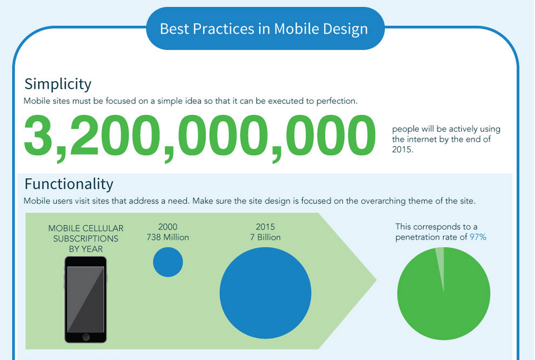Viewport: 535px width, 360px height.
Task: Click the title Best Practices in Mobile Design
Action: coord(263,29)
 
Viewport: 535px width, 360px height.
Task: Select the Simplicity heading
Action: coord(58,85)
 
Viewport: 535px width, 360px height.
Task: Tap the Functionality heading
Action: coord(69,184)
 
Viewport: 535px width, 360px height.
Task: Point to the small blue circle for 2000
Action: coord(168,262)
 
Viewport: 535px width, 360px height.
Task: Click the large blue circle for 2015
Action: coord(265,293)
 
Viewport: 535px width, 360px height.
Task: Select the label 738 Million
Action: coord(168,237)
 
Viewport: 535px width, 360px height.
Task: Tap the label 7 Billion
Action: coord(265,237)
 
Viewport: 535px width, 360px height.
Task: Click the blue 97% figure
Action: coord(478,237)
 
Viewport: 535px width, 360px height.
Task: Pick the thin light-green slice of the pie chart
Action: coord(441,263)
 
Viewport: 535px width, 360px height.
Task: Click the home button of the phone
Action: coord(86,338)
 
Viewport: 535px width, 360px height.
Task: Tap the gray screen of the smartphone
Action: coord(85,299)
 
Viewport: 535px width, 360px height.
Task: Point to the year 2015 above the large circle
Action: coord(265,227)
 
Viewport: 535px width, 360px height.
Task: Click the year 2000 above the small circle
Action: coord(168,227)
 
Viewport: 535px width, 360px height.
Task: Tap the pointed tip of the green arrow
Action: coord(376,281)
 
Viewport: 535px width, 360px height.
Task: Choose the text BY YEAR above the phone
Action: coord(86,249)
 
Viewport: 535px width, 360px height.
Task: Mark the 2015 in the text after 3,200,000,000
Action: coord(402,150)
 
